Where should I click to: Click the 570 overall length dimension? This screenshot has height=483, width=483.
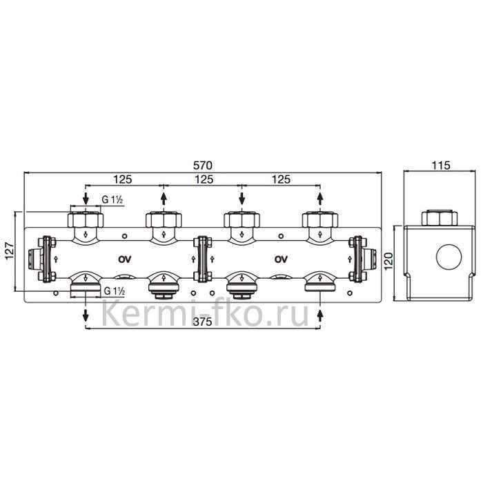202,166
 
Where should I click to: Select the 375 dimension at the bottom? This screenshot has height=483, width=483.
202,322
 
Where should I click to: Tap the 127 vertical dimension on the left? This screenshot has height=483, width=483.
9,251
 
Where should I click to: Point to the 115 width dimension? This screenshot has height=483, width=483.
440,166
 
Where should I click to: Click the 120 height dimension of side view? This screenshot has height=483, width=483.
388,261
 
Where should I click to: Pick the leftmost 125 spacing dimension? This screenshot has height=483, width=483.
123,179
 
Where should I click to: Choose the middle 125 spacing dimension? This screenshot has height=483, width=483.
204,179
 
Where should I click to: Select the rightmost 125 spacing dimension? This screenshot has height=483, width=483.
281,179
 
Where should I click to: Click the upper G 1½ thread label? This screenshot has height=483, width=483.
112,200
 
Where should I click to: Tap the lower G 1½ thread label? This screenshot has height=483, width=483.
115,290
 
